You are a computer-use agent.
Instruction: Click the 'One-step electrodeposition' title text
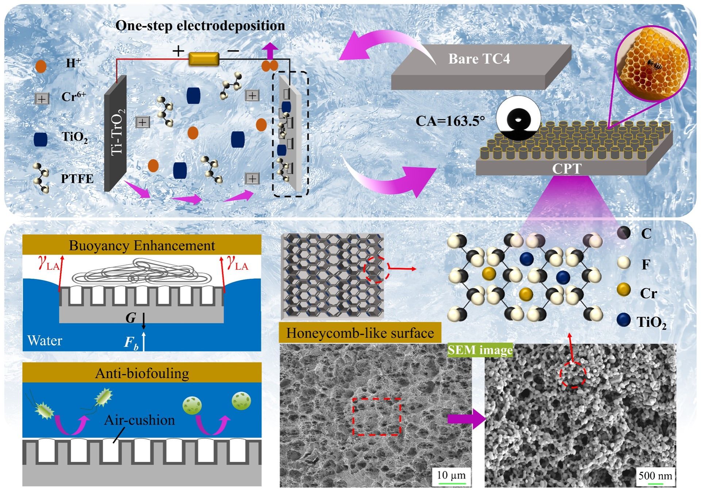200,26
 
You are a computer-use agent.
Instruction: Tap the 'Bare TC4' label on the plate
479,58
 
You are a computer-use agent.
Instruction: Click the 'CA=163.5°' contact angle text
450,121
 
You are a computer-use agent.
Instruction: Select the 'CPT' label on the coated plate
566,168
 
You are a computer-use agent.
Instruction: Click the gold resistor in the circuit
204,59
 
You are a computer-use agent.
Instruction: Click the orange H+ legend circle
41,66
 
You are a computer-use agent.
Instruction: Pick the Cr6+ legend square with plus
42,98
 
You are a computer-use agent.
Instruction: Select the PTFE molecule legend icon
41,178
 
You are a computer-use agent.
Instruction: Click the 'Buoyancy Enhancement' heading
142,246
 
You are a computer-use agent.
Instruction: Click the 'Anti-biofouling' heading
142,373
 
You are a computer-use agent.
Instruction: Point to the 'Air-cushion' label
139,420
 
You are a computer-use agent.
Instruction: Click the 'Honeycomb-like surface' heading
360,333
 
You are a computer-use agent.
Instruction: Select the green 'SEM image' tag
480,350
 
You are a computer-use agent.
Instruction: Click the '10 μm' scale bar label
451,475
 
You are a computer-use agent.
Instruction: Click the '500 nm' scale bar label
655,476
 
